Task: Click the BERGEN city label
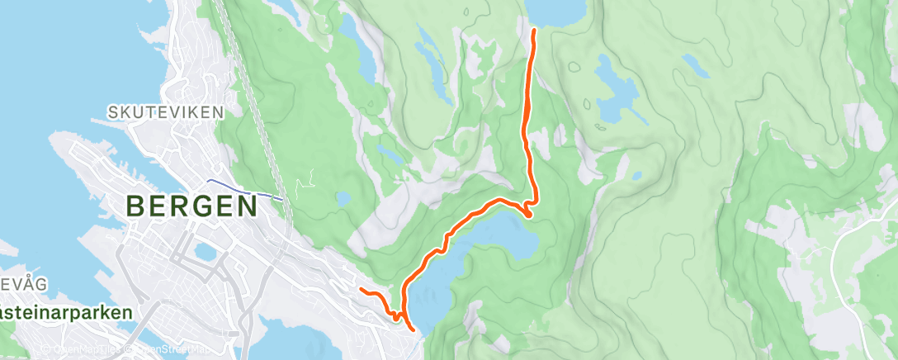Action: [x=191, y=206]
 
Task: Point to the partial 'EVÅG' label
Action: [x=24, y=285]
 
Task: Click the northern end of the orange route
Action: [x=534, y=31]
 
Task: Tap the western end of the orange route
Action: [x=362, y=289]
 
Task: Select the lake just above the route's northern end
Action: [x=555, y=10]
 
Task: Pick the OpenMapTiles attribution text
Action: [x=83, y=348]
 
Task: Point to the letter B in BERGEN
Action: [x=138, y=206]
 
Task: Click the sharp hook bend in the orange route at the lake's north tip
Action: [x=527, y=214]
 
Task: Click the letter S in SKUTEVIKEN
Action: [x=113, y=111]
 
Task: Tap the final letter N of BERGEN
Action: [x=244, y=206]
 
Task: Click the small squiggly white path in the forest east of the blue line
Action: [x=310, y=177]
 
